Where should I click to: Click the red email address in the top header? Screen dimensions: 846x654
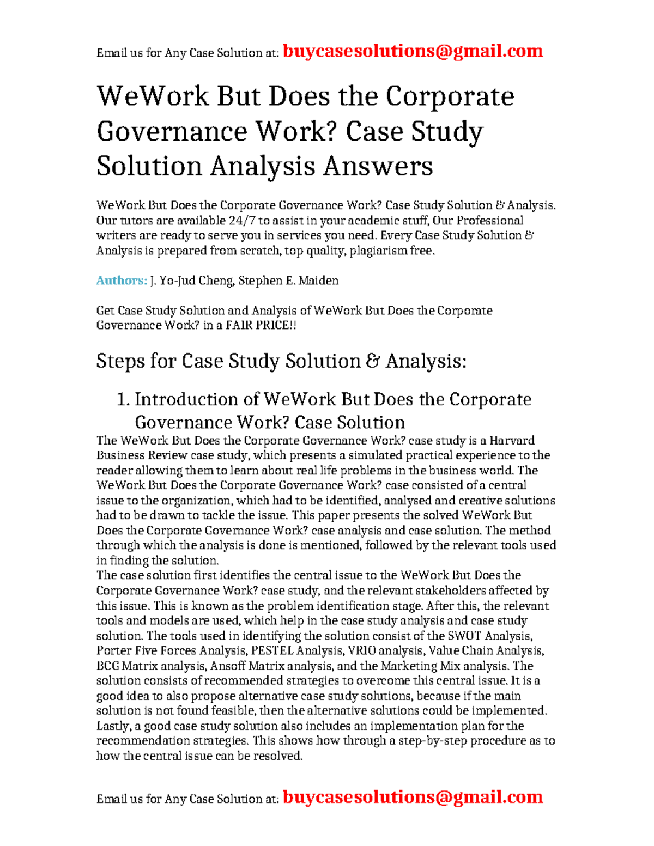[x=413, y=51]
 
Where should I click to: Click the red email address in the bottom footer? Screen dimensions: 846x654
[x=413, y=797]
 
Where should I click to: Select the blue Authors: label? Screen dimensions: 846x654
[x=122, y=281]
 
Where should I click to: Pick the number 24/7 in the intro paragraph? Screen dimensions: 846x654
[x=242, y=221]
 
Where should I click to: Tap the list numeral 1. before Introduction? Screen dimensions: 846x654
[x=123, y=399]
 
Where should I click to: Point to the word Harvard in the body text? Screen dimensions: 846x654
[x=512, y=441]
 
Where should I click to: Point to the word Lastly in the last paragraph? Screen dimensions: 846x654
[x=113, y=726]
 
